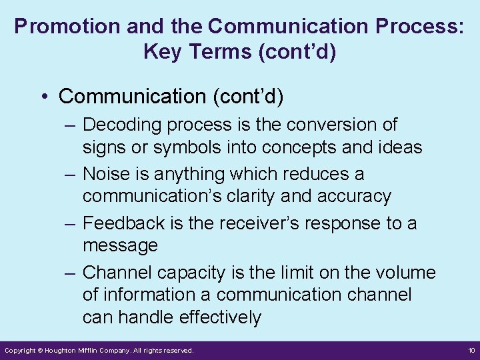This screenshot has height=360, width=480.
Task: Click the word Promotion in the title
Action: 55,27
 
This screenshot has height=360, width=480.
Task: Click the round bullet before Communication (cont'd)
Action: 44,97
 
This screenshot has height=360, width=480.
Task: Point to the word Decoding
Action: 122,125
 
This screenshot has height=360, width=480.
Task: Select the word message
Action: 120,245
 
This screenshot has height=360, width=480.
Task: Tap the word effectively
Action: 219,317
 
